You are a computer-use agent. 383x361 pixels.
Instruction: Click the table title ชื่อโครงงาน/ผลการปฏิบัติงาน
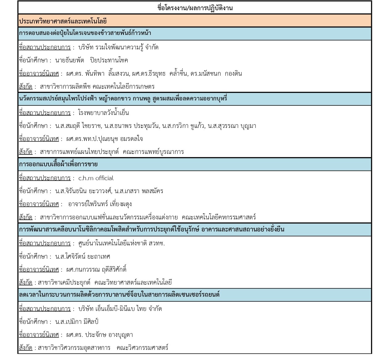click(x=195, y=8)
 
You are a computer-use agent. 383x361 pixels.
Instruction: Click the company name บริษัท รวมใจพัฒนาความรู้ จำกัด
click(x=118, y=47)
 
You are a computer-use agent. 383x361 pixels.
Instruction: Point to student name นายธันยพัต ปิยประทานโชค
click(x=91, y=60)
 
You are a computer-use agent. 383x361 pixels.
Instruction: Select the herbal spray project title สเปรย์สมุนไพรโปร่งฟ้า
click(x=123, y=99)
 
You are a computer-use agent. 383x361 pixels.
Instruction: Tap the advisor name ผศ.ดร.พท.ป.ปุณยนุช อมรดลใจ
click(x=104, y=139)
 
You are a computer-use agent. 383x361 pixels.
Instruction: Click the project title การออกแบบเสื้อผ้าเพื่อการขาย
click(x=58, y=164)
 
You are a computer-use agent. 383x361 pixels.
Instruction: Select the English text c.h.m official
click(x=96, y=178)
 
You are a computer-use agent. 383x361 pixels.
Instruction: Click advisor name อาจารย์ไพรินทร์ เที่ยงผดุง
click(x=100, y=204)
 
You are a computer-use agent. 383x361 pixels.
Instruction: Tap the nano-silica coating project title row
click(x=151, y=230)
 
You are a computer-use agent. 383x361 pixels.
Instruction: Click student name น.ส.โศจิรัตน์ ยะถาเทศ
click(x=82, y=257)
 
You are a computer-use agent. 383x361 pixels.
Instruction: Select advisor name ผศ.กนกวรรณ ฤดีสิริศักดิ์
click(x=96, y=270)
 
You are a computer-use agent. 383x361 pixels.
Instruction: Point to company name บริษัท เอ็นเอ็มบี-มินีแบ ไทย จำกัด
click(x=120, y=309)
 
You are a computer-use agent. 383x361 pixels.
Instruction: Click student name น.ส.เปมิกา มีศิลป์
click(x=77, y=322)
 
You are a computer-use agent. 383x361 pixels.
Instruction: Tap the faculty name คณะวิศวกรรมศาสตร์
click(x=142, y=348)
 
